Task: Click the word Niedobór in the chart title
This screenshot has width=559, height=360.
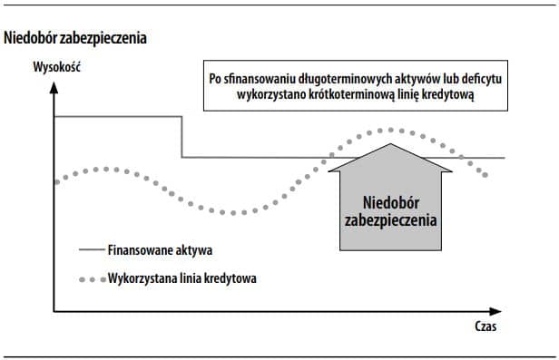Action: coord(32,39)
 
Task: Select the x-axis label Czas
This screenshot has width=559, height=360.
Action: coord(485,325)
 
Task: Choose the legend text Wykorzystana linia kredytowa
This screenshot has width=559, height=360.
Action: coord(181,277)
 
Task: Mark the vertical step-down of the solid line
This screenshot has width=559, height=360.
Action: coord(181,137)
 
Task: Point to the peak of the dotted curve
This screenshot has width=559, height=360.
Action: coord(391,130)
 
